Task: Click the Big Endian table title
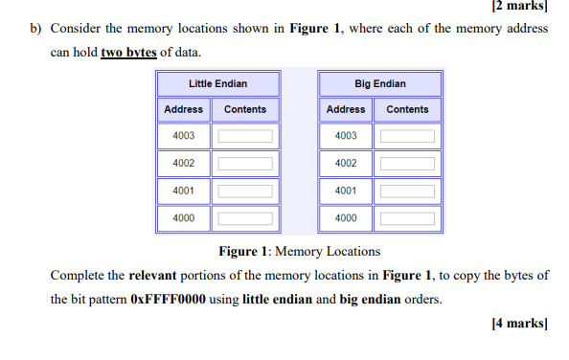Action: [x=379, y=84]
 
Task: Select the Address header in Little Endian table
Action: [x=184, y=109]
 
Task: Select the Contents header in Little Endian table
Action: [x=245, y=109]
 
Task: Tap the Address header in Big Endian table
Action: [x=346, y=109]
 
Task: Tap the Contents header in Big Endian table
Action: [x=407, y=109]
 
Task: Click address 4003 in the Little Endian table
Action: [x=184, y=136]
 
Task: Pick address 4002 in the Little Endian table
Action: [x=184, y=164]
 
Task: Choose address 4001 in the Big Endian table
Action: [x=346, y=191]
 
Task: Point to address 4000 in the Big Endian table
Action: [x=346, y=218]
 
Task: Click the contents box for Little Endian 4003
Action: [x=245, y=137]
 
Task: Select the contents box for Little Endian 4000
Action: [x=245, y=219]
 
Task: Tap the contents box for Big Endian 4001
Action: [x=407, y=191]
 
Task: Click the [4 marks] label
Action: [x=518, y=323]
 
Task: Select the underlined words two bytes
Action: [x=128, y=52]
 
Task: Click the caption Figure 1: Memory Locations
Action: [x=299, y=252]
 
